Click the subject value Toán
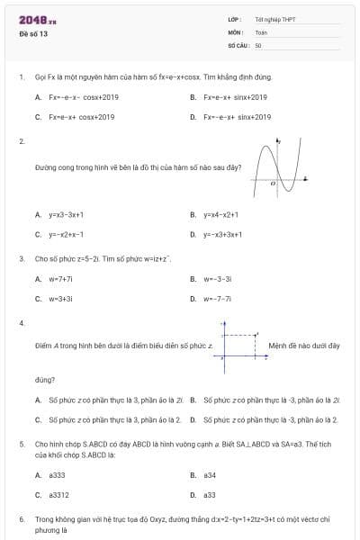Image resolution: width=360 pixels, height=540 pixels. tap(261, 31)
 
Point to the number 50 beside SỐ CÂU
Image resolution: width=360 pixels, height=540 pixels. tap(258, 44)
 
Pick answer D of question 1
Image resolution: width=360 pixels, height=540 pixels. tap(237, 117)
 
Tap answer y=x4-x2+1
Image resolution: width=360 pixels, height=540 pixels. tap(220, 215)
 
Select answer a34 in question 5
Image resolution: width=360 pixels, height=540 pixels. tap(209, 474)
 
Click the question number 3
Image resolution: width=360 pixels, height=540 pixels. tap(21, 259)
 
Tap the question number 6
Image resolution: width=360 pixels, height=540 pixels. tap(21, 520)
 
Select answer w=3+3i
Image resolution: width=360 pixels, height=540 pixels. tap(60, 298)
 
